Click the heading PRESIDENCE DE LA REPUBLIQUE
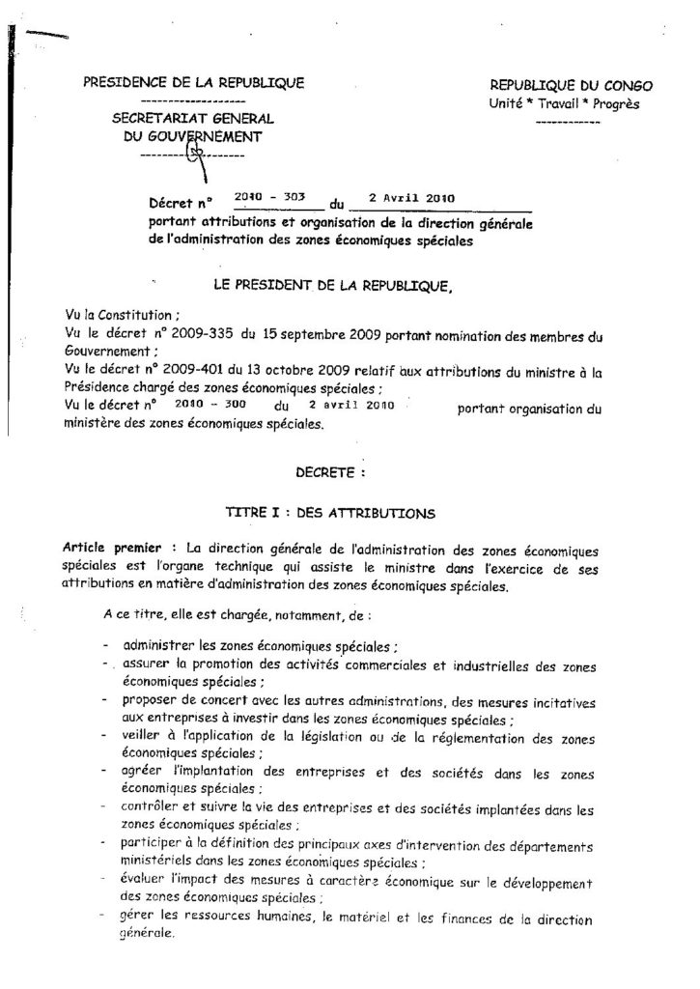[193, 82]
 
